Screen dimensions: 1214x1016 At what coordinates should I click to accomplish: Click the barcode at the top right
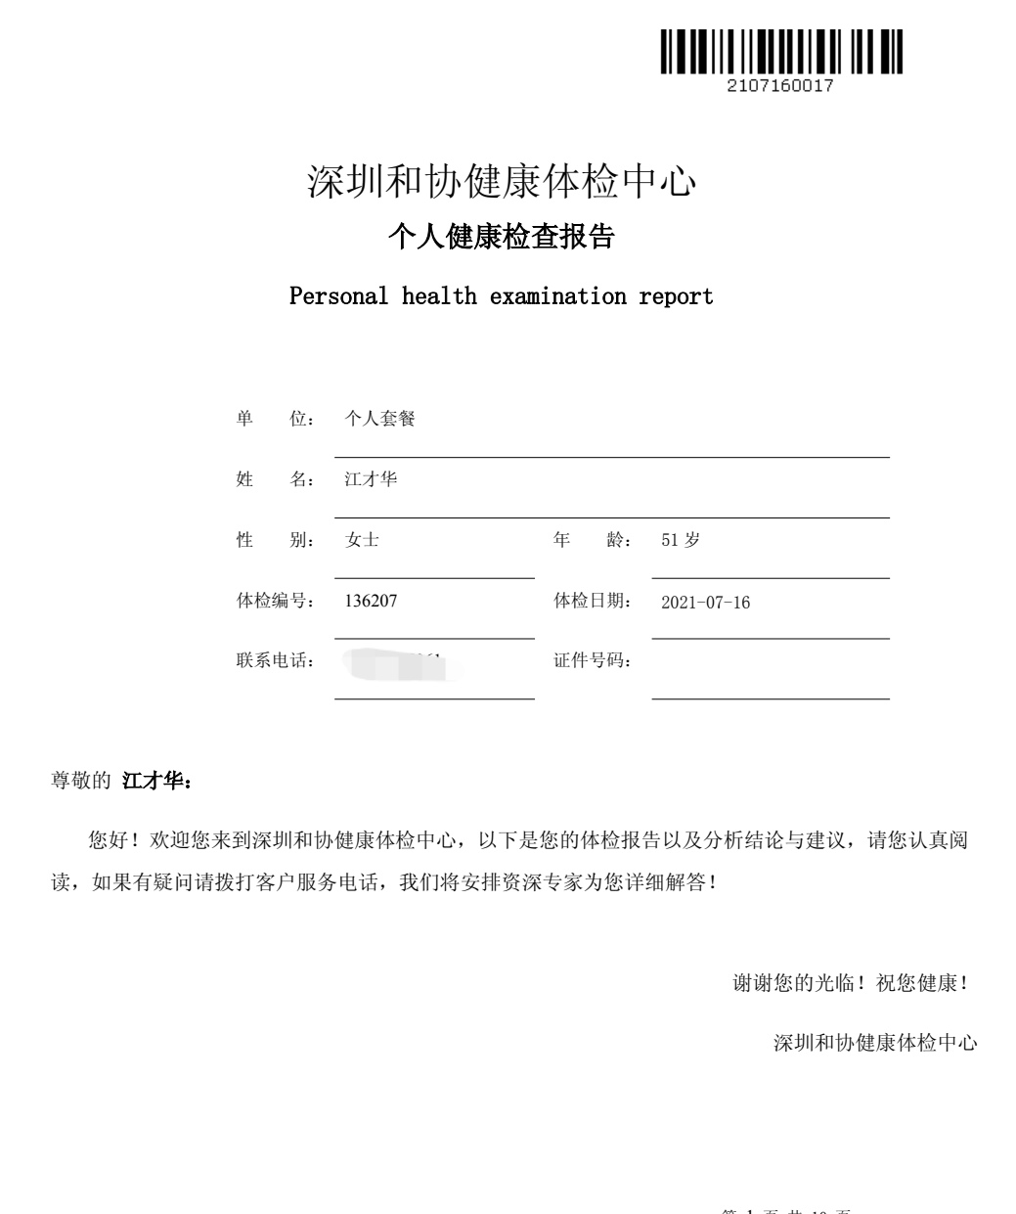[780, 52]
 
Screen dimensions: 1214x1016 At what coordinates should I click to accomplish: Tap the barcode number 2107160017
[780, 86]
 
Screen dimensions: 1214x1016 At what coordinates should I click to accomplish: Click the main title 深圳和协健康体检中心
[502, 182]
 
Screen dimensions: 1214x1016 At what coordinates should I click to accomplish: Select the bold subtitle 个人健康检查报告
[501, 237]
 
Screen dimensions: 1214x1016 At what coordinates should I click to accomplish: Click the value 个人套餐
[379, 419]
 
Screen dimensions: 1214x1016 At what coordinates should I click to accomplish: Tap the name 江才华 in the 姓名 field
[371, 479]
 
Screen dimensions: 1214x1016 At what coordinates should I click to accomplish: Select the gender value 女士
[362, 540]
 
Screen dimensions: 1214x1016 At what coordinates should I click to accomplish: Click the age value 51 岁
[681, 540]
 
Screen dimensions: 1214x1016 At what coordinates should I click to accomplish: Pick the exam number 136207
[371, 601]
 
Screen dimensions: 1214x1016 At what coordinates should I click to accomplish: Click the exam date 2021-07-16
[705, 603]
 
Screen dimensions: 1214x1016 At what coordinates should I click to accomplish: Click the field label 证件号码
[592, 661]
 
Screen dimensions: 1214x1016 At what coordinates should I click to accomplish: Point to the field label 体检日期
[592, 601]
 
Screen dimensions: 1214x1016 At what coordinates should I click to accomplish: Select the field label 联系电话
[275, 661]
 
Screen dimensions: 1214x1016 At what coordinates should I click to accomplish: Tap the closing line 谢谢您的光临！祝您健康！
[851, 983]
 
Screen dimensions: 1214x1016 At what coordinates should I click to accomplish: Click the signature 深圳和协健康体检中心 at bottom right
[875, 1043]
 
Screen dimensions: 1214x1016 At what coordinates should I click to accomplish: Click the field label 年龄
[592, 540]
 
